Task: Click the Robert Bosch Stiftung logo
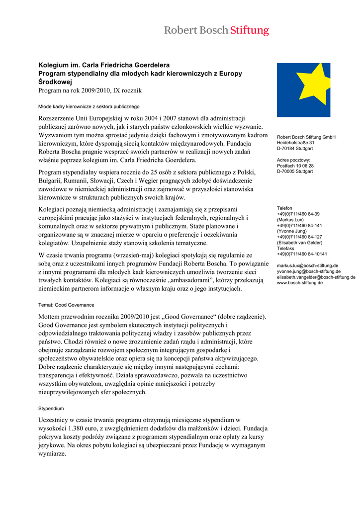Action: point(216,30)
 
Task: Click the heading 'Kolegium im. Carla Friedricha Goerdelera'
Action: point(104,65)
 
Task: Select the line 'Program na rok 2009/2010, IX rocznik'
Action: point(90,90)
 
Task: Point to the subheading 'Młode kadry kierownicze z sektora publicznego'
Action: point(89,106)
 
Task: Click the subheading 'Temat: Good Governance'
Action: point(66,305)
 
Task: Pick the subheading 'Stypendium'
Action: point(51,408)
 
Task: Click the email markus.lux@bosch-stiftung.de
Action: point(307,266)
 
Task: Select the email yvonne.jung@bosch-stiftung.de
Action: point(308,271)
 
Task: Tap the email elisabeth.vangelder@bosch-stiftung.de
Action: point(316,277)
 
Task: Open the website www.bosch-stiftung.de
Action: point(300,282)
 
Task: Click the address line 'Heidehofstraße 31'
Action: point(295,143)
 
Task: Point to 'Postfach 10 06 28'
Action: point(295,166)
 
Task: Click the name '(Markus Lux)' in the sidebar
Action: point(290,219)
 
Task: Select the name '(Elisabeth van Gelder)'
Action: point(299,243)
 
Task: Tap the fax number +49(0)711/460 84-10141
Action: point(302,254)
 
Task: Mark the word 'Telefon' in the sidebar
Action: point(284,208)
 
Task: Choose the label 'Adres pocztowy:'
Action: point(293,160)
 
